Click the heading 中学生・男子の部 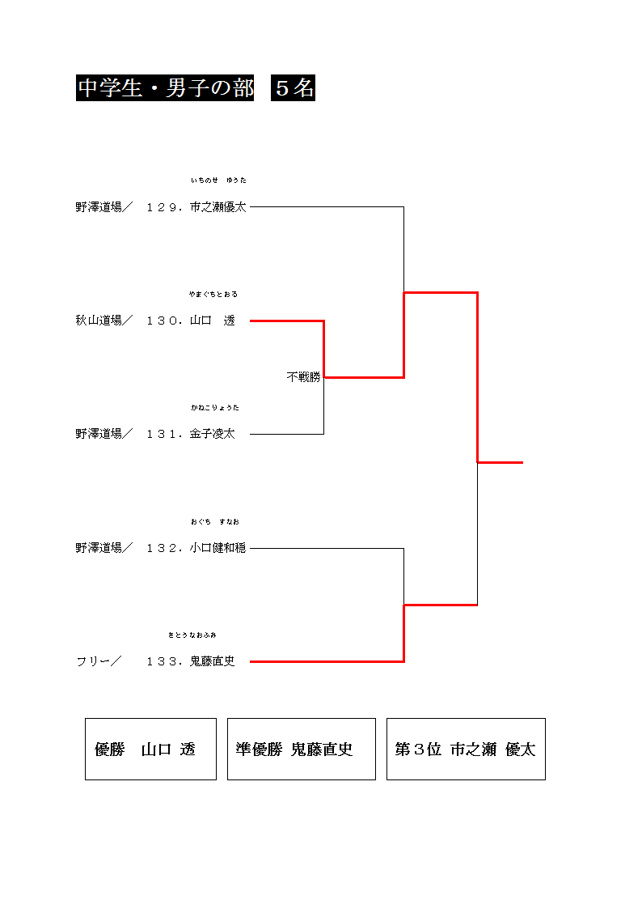165,88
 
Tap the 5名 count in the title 294,88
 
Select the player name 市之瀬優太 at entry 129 218,207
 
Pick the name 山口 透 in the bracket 213,321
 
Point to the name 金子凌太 213,435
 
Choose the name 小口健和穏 218,549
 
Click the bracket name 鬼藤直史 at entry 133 213,662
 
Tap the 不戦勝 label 303,377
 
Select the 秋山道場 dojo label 99,321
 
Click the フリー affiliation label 93,662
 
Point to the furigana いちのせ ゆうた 218,180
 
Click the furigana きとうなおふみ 192,635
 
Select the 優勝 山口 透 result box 150,750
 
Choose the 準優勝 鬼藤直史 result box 301,750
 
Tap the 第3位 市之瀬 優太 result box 466,750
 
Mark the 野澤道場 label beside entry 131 99,435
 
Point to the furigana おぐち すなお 215,521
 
